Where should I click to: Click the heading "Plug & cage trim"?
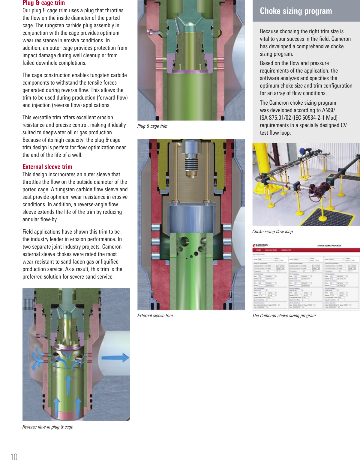pyautogui.click(x=43, y=3)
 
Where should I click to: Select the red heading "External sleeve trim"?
pyautogui.click(x=47, y=167)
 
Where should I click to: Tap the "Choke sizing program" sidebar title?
pyautogui.click(x=296, y=11)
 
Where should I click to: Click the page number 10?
pyautogui.click(x=14, y=456)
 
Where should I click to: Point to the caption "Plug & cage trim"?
pyautogui.click(x=152, y=126)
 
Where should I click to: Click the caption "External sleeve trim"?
pyautogui.click(x=155, y=316)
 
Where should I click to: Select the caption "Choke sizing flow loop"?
pyautogui.click(x=272, y=232)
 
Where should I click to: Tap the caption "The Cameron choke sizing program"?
pyautogui.click(x=284, y=316)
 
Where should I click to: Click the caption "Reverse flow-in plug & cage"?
pyautogui.click(x=48, y=427)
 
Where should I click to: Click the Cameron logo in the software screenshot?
pyautogui.click(x=260, y=245)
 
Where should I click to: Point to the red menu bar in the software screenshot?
pyautogui.click(x=306, y=250)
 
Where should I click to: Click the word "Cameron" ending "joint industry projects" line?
pyautogui.click(x=112, y=247)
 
